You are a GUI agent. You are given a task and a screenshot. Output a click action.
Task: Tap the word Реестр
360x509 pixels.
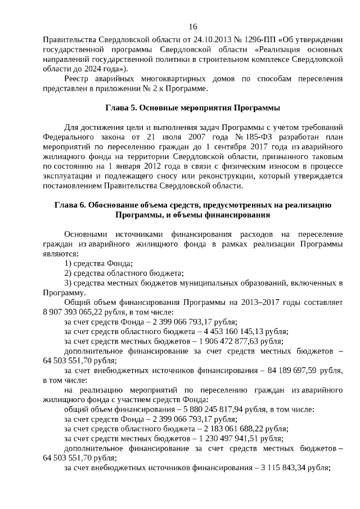tap(78, 79)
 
